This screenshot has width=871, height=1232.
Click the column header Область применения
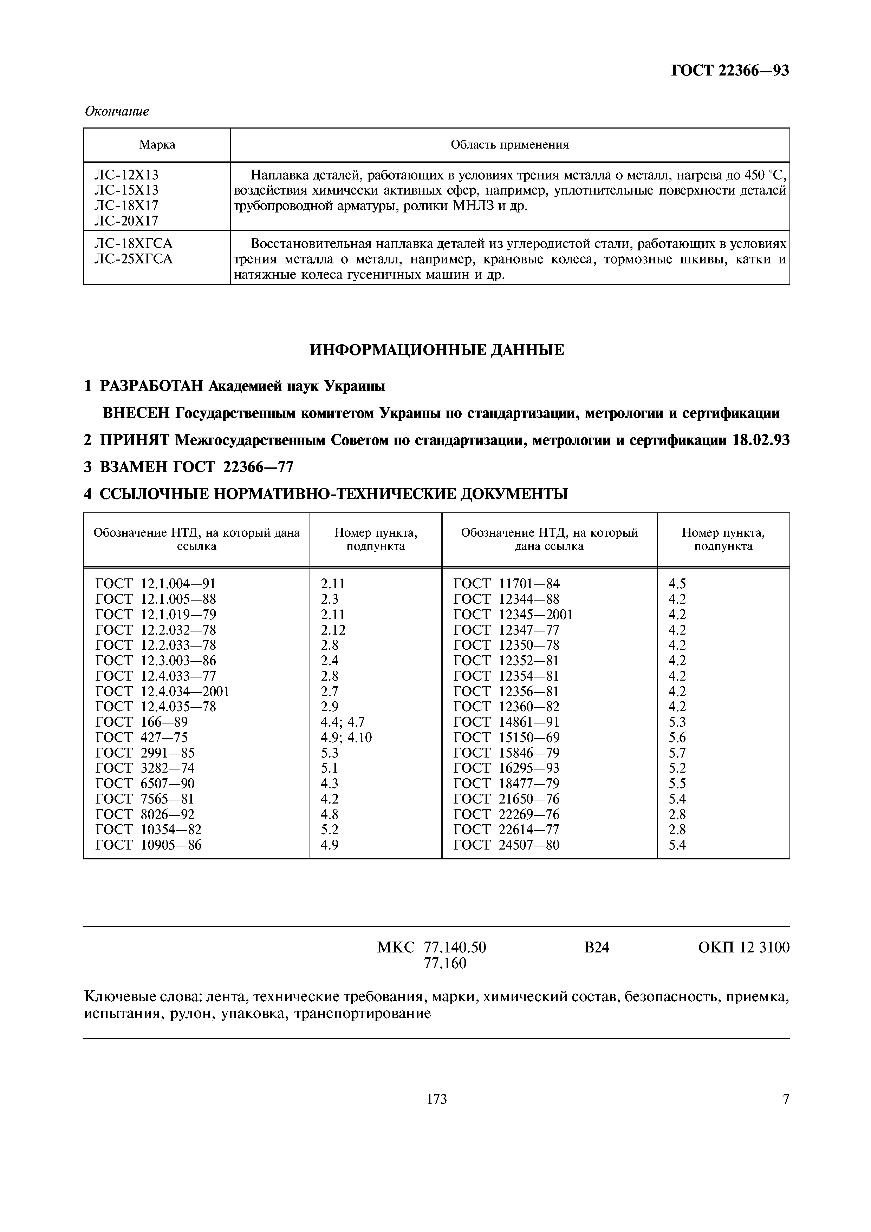[509, 145]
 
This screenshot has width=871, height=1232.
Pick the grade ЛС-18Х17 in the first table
[126, 205]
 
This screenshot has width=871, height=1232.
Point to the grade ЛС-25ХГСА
[133, 260]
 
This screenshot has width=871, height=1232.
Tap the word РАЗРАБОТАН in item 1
[152, 386]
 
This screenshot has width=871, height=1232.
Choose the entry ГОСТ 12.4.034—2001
[162, 692]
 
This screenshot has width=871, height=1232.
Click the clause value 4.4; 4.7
[342, 722]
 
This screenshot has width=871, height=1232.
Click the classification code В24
[596, 948]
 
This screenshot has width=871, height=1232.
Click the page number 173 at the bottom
[436, 1100]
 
